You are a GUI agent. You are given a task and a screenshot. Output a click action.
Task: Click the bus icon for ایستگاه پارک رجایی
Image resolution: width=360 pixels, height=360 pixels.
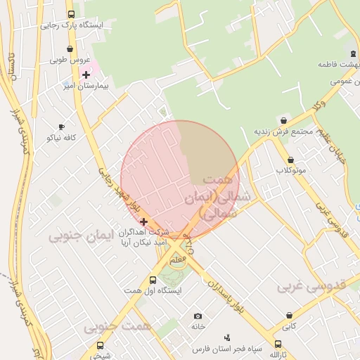pos(70,14)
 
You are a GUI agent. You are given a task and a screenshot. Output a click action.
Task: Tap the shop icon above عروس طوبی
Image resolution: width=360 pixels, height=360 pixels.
pos(69,49)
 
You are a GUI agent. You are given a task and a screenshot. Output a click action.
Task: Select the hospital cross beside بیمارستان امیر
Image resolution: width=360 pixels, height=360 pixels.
pos(86,75)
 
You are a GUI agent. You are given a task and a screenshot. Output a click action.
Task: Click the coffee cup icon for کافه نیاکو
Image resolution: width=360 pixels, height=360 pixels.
pos(60,127)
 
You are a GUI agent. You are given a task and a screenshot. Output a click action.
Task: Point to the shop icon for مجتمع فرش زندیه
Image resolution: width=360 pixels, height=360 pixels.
pos(283,120)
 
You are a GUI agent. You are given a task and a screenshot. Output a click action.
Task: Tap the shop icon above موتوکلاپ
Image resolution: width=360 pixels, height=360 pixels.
pos(290,160)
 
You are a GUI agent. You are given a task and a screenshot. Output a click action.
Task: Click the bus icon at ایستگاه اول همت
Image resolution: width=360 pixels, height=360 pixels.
pos(153,280)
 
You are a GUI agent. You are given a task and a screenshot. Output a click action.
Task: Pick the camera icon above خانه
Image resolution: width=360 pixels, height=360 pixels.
pos(198,316)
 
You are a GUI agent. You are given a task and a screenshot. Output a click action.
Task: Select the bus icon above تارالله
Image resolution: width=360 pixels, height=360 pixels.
pos(278,345)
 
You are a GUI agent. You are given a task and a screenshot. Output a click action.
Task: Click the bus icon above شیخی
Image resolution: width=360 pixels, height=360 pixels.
pos(100,345)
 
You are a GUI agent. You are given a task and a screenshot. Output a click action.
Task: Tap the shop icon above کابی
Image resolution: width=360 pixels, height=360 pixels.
pos(288,315)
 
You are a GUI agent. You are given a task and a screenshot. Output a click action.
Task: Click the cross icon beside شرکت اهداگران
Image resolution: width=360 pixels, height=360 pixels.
pos(143,221)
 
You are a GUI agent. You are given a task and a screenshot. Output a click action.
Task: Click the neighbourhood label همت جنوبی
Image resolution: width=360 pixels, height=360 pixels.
pos(118,328)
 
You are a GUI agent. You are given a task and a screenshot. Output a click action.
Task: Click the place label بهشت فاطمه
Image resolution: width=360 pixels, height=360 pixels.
pos(333,64)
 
